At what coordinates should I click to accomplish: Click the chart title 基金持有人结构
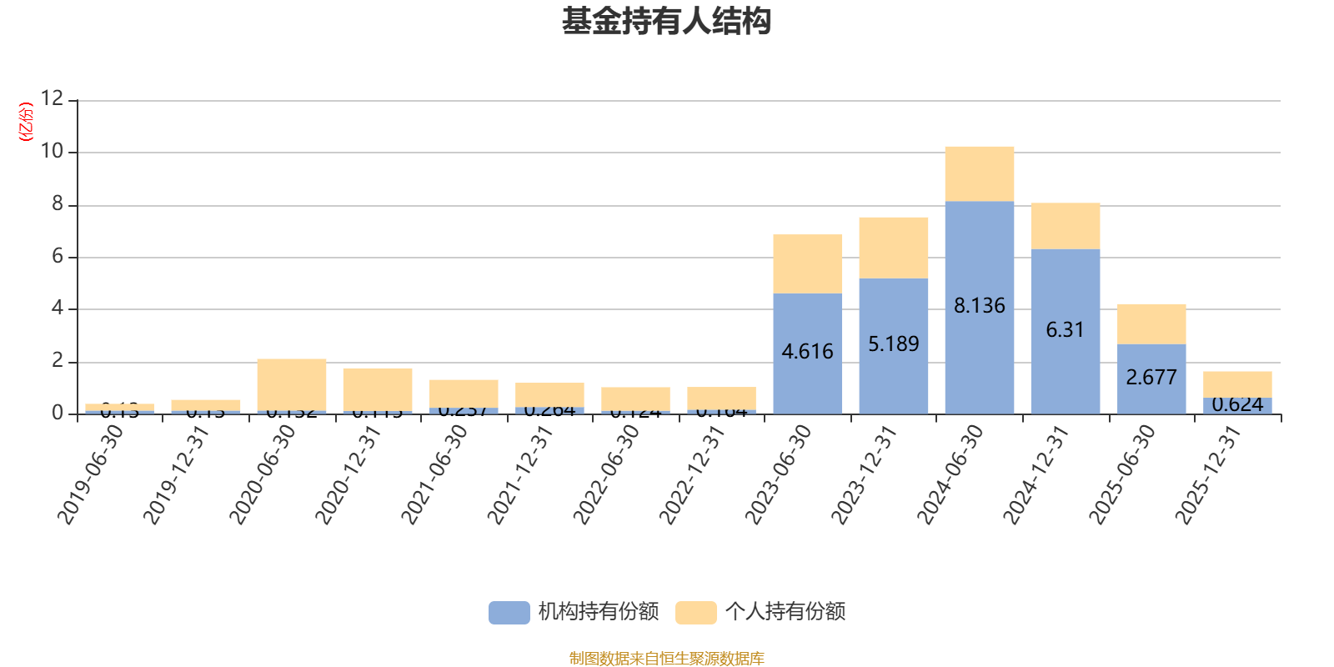click(x=666, y=22)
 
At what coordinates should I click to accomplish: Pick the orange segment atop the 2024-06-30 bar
click(x=980, y=173)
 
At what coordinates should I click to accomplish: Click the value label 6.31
click(x=1065, y=330)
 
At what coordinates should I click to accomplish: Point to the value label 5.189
click(x=893, y=344)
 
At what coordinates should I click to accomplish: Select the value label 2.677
click(x=1151, y=378)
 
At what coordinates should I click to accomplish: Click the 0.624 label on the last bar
click(x=1237, y=405)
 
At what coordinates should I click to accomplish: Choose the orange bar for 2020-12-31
click(x=378, y=389)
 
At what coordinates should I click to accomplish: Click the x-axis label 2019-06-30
click(x=91, y=474)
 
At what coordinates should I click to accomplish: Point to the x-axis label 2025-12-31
click(x=1209, y=474)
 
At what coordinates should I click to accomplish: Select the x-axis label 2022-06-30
click(x=607, y=474)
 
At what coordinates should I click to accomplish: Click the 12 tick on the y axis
click(x=52, y=99)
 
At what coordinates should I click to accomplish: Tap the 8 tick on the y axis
click(x=57, y=204)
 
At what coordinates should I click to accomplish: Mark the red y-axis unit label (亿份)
click(x=26, y=122)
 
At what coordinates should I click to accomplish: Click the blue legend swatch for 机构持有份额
click(x=509, y=613)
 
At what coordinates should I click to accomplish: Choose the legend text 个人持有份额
click(x=785, y=612)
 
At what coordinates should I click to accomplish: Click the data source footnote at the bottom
click(x=666, y=659)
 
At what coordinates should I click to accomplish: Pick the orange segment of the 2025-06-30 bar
click(x=1151, y=323)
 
